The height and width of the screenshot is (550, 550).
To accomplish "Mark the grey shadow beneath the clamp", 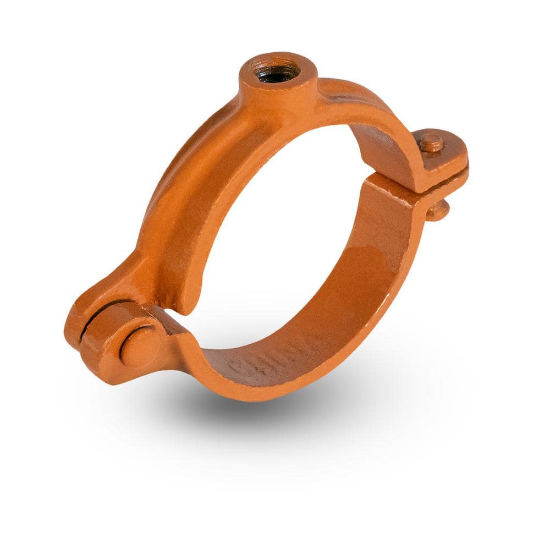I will [x=248, y=418].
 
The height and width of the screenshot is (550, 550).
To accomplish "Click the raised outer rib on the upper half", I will [x=165, y=176].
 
